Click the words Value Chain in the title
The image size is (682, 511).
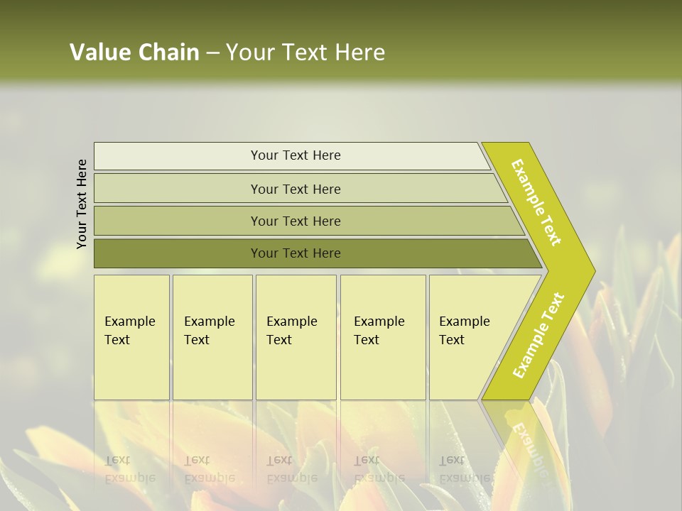coord(134,53)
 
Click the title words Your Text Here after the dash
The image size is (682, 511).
coord(305,53)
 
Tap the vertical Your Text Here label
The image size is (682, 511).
coord(82,204)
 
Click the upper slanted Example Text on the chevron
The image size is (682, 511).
coord(536,202)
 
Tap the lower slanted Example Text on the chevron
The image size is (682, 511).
coord(538,335)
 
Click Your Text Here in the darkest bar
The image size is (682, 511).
coord(296,253)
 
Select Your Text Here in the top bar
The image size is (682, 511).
coord(296,155)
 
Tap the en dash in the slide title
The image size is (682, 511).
coord(212,53)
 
